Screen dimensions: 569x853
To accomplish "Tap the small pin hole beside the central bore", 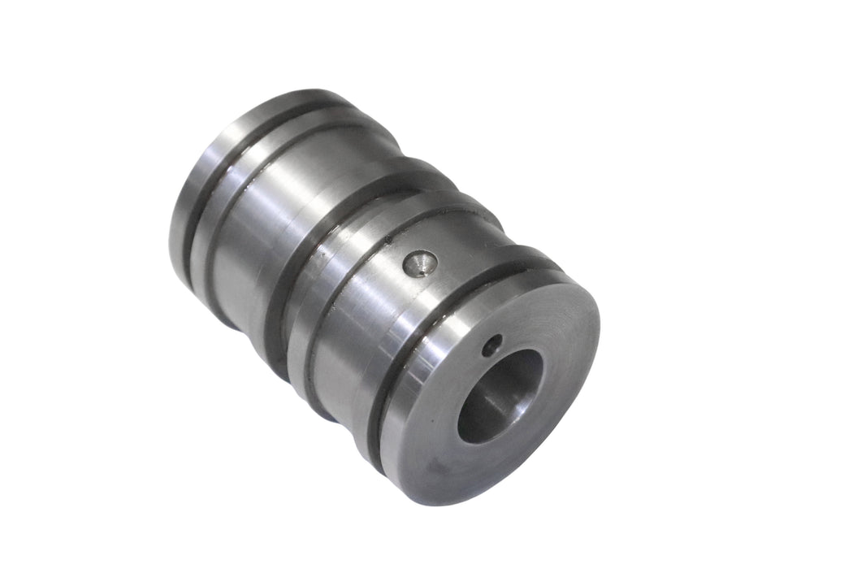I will click(488, 347).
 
